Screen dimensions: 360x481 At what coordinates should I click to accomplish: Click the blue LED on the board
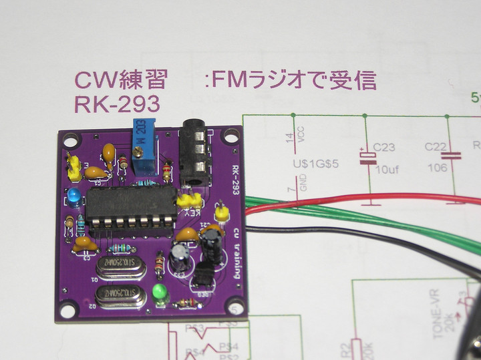[x=73, y=196]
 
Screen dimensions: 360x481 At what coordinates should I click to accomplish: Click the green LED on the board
[x=160, y=293]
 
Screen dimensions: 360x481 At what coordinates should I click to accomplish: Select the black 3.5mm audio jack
[x=196, y=152]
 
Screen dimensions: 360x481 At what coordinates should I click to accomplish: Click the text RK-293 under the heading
[x=118, y=104]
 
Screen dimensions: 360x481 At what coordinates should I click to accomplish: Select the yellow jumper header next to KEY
[x=190, y=200]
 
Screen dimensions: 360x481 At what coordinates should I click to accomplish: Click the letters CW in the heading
[x=93, y=81]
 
